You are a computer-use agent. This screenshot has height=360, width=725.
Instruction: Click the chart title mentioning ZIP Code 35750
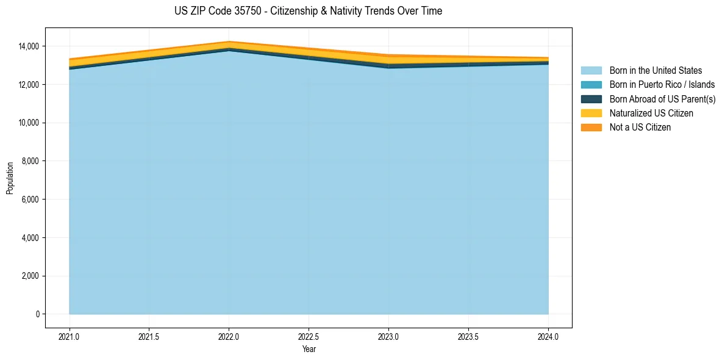tap(308, 11)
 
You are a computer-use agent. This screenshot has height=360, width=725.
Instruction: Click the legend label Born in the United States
tap(655, 71)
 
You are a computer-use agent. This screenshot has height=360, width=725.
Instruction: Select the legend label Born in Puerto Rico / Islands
tap(662, 85)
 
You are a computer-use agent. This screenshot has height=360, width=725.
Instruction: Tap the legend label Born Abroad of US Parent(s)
tap(662, 99)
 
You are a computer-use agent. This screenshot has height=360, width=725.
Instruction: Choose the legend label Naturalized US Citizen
tap(651, 113)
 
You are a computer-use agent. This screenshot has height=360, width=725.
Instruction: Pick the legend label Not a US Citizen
tap(640, 128)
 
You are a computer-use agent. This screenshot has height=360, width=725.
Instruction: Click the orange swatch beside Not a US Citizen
tap(591, 128)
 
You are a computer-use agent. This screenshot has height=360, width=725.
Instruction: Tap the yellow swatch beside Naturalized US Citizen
tap(591, 113)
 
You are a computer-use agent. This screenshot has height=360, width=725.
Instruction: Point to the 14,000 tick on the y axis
tap(29, 46)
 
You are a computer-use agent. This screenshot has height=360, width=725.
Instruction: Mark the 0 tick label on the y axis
tap(37, 314)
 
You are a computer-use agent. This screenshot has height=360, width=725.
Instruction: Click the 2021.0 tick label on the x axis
tap(70, 336)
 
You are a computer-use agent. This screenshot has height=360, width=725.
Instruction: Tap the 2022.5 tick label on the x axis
tap(309, 336)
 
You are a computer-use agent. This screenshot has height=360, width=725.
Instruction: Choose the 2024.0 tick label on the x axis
tap(548, 336)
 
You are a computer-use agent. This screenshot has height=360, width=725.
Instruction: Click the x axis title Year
tap(309, 349)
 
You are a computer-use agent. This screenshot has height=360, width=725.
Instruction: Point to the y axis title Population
tap(10, 178)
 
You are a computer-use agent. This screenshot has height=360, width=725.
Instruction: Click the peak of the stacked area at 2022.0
tap(229, 42)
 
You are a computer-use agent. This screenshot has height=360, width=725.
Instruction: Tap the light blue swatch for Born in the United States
tap(591, 71)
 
